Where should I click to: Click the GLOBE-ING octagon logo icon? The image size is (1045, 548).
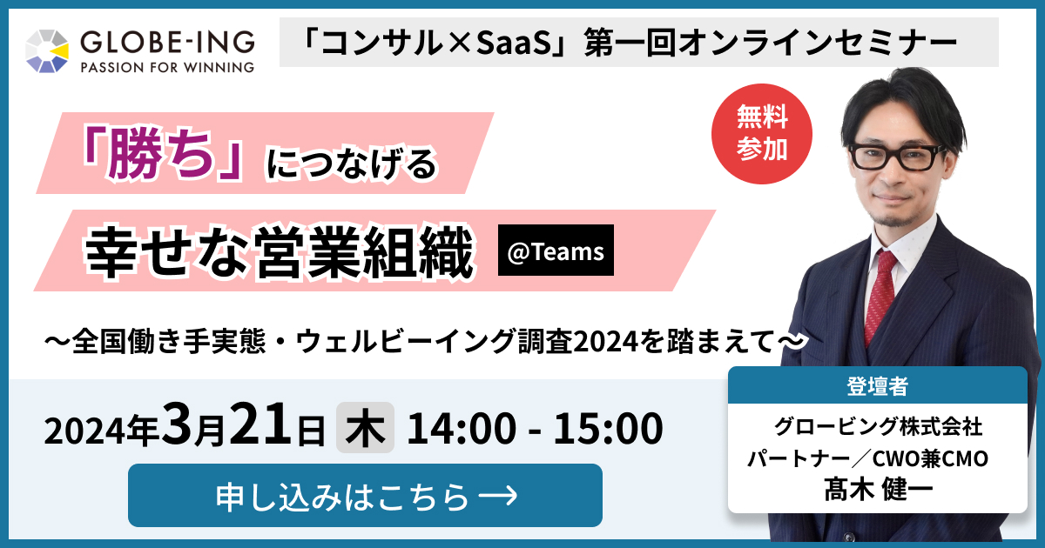click(47, 51)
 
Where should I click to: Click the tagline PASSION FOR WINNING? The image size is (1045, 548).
click(167, 68)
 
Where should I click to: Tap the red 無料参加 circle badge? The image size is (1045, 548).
click(762, 134)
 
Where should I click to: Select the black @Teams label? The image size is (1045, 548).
click(556, 251)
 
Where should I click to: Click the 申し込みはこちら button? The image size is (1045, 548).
click(365, 495)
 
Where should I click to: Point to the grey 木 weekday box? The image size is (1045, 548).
click(365, 427)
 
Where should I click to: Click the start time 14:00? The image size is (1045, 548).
click(462, 428)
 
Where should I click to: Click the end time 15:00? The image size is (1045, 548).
click(608, 428)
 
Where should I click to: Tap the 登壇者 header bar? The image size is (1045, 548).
click(878, 385)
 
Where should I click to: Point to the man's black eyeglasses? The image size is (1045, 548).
click(897, 157)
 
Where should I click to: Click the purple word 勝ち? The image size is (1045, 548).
click(160, 153)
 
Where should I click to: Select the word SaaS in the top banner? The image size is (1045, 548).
click(511, 43)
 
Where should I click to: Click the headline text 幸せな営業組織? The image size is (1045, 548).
click(279, 252)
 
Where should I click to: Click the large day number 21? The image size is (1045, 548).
click(261, 423)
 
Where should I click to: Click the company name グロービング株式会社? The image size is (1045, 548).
click(878, 426)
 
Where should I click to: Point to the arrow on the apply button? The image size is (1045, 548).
click(498, 495)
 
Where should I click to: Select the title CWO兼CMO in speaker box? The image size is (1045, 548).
click(930, 458)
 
